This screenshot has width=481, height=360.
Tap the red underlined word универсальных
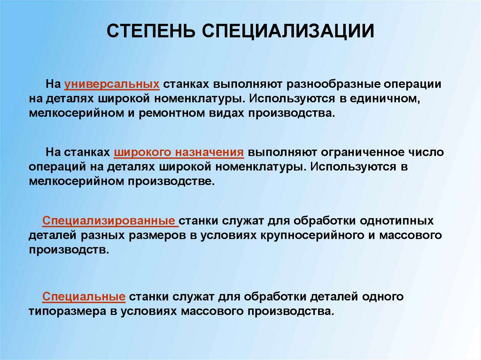click(112, 84)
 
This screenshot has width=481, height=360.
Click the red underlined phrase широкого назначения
click(178, 153)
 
